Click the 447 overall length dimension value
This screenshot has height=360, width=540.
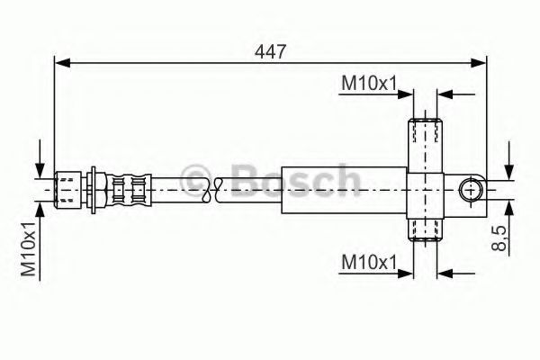pos(270,51)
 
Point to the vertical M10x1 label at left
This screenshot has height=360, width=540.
pos(29,248)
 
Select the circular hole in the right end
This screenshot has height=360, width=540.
pos(471,190)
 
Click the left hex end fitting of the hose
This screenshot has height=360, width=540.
pos(68,189)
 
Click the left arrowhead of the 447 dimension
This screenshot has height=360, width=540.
pos(61,62)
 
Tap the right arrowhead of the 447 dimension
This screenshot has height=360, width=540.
pos(481,62)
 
